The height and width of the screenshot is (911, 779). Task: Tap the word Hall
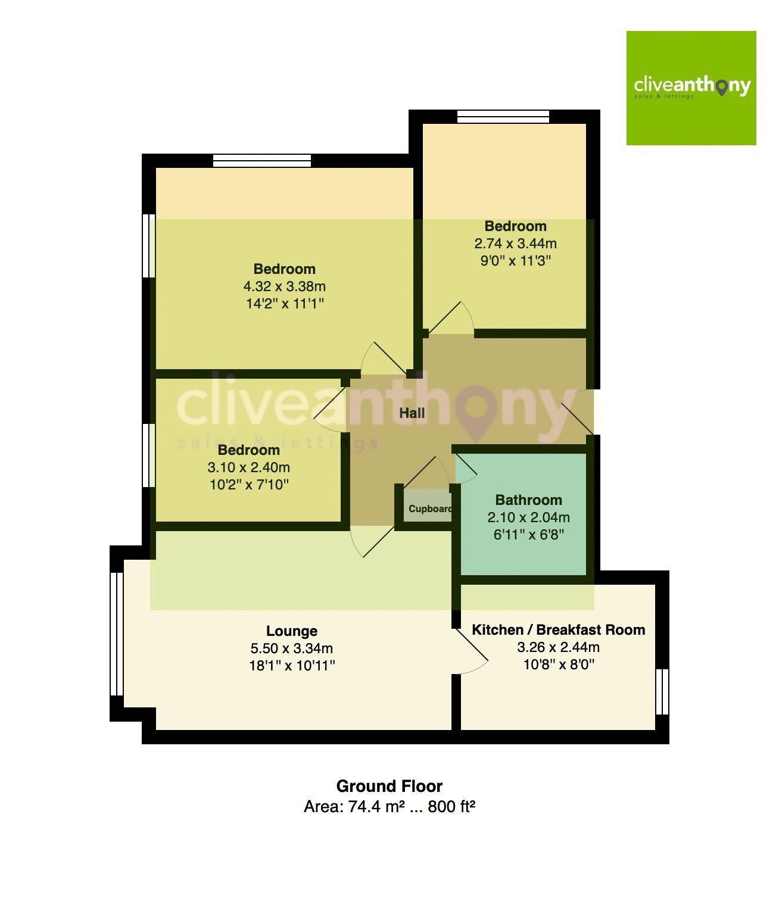pos(412,413)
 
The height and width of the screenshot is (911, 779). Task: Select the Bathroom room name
pos(528,500)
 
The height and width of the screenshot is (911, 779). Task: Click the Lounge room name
pos(291,631)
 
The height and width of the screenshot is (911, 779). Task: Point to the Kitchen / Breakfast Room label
pos(558,629)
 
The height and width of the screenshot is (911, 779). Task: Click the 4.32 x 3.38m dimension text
pos(284,286)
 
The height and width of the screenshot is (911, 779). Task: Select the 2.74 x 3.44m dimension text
pos(515,244)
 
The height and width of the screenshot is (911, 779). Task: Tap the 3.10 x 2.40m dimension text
pos(248,467)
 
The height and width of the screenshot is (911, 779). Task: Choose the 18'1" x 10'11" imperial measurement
pos(292,666)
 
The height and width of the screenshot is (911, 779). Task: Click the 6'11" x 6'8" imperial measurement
pos(528,535)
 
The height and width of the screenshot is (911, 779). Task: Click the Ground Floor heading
pos(389,786)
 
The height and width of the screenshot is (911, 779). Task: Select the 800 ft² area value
pos(451,807)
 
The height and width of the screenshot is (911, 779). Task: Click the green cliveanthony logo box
pos(691,88)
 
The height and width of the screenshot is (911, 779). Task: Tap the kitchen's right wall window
pos(662,691)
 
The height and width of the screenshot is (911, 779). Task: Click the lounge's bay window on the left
pos(117,634)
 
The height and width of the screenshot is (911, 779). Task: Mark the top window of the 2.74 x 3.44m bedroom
pos(503,117)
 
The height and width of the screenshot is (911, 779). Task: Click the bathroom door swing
pos(466,467)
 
